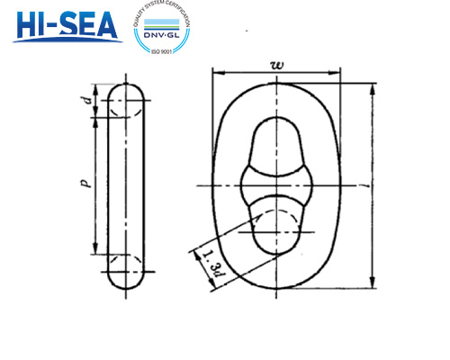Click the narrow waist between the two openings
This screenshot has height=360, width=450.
coord(275,184)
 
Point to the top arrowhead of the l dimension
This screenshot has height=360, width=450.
coord(372,86)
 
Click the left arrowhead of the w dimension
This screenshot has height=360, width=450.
coord(216,72)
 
